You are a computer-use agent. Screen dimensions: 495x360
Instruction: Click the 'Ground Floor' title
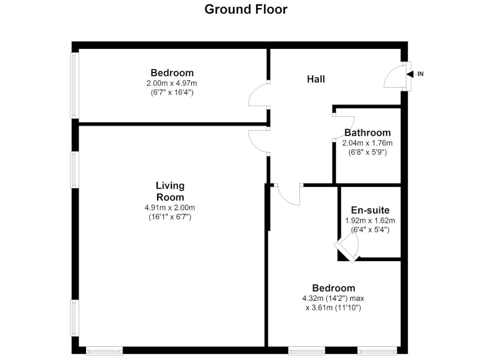coord(246,9)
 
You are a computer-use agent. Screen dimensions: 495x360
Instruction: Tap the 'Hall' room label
coord(316,79)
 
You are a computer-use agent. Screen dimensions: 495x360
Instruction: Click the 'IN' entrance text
coord(421,74)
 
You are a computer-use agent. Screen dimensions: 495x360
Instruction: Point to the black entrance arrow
coord(410,74)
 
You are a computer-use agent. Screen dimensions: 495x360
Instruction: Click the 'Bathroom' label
coord(368,132)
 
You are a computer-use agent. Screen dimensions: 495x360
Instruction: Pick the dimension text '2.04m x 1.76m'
coord(368,143)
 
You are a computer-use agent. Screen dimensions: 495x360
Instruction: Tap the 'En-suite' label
coord(370,210)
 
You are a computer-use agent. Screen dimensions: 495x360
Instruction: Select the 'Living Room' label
coord(170,191)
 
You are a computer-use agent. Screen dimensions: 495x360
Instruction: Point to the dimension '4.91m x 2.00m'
coord(170,208)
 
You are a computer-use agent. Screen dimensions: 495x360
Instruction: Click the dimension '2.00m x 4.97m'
coord(172,84)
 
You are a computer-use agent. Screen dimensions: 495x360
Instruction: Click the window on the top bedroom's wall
coord(74,85)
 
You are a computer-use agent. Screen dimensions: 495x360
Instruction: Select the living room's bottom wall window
coord(105,351)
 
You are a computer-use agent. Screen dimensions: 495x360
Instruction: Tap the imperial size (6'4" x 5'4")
coord(370,229)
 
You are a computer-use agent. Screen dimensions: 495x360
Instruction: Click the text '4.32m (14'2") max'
coord(334,298)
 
